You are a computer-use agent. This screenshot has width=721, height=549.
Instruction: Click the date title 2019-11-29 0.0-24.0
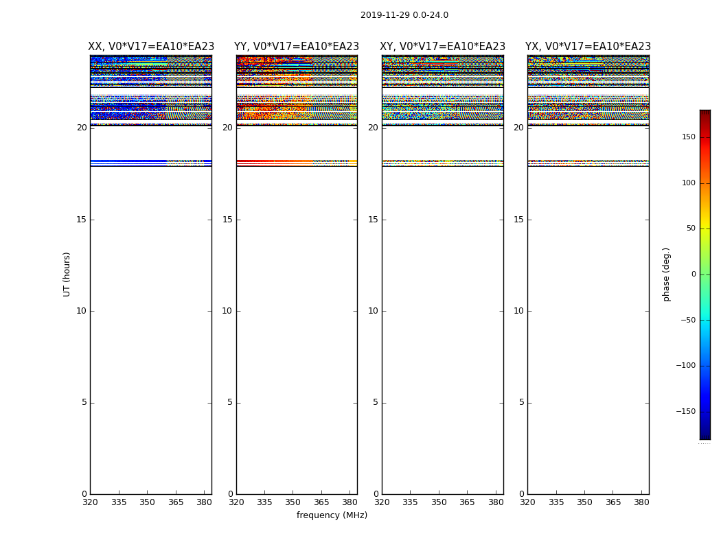(404, 15)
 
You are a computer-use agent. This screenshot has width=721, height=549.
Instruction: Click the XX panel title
(151, 47)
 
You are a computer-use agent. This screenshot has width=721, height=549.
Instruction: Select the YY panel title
(297, 47)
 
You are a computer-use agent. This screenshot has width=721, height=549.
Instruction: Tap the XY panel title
(442, 47)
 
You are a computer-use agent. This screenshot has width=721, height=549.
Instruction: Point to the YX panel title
(588, 47)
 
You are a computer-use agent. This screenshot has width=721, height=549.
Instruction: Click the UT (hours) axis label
(67, 274)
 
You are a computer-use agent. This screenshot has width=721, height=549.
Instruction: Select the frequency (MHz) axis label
(332, 515)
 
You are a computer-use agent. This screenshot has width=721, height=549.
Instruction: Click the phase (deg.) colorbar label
(666, 274)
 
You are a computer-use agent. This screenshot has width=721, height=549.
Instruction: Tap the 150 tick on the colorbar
(688, 137)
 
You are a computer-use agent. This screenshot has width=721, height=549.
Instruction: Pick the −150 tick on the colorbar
(686, 412)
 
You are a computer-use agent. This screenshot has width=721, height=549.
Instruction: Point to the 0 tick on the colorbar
(693, 274)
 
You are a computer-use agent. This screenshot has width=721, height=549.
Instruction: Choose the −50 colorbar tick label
(687, 320)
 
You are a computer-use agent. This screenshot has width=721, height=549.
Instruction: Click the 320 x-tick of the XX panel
(90, 502)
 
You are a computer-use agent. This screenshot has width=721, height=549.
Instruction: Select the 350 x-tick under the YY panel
(293, 502)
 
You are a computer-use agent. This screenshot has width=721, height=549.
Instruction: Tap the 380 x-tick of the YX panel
(641, 502)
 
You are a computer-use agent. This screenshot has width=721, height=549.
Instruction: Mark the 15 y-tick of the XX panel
(81, 220)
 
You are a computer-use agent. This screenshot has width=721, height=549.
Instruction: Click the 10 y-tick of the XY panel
(373, 311)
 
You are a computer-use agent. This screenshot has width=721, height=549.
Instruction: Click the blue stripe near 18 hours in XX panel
(130, 161)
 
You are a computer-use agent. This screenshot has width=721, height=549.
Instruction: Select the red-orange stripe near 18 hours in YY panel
(275, 161)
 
